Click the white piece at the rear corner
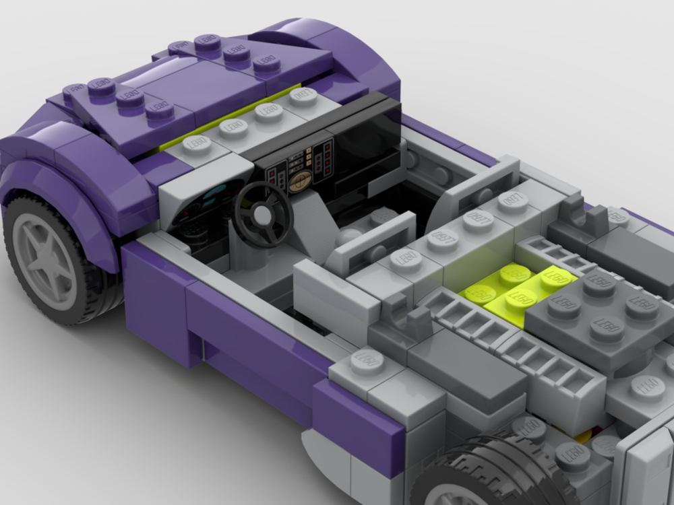tap(647, 465)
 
